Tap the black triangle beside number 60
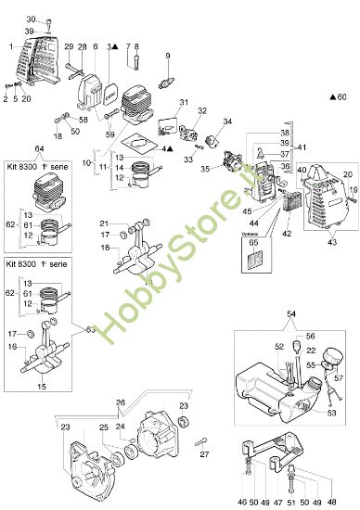tap(332, 96)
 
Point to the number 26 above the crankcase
tap(146, 402)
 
